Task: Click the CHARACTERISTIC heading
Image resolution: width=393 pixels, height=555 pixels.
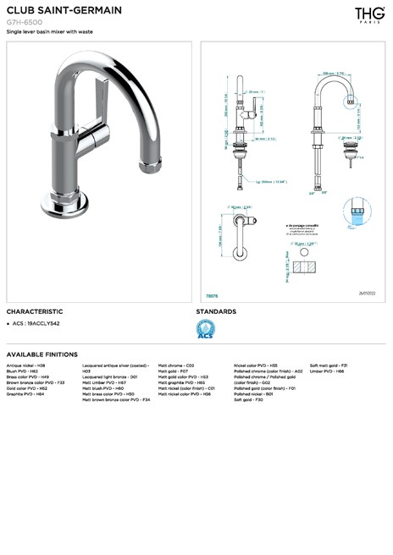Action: pos(35,311)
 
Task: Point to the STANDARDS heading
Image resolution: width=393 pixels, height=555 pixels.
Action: pos(216,311)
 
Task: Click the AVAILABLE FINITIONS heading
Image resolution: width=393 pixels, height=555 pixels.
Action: pos(42,354)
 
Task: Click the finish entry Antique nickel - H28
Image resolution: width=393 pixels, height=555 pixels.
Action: pos(26,365)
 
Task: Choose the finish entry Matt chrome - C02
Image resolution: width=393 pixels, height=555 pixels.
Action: pos(176,365)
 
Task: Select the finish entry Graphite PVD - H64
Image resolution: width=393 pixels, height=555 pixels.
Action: pos(25,393)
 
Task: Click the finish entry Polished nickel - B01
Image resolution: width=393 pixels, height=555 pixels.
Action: pos(253,393)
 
